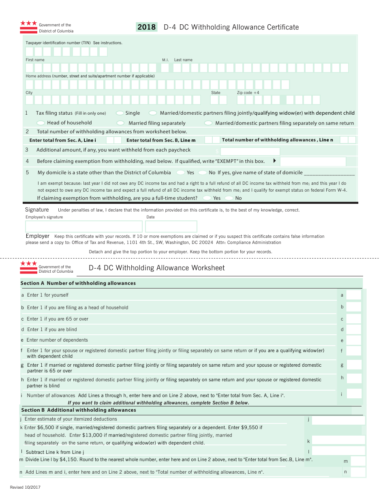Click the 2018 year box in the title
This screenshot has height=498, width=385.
pyautogui.click(x=147, y=27)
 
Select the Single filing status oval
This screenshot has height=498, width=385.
pyautogui.click(x=120, y=113)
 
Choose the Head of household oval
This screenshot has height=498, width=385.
pyautogui.click(x=41, y=123)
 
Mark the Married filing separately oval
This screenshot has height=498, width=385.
pyautogui.click(x=120, y=123)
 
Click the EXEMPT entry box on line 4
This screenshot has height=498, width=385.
pyautogui.click(x=313, y=161)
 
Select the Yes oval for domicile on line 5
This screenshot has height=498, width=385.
pyautogui.click(x=180, y=173)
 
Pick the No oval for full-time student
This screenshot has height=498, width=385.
pyautogui.click(x=229, y=198)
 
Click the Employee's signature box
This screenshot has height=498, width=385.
pyautogui.click(x=84, y=227)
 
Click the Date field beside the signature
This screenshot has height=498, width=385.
pyautogui.click(x=171, y=227)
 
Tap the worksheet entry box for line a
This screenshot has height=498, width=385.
pyautogui.click(x=353, y=295)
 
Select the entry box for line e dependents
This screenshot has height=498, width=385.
pyautogui.click(x=353, y=340)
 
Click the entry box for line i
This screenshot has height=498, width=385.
pyautogui.click(x=354, y=393)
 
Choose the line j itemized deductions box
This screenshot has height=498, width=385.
pyautogui.click(x=338, y=420)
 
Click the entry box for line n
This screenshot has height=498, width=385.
pyautogui.click(x=358, y=472)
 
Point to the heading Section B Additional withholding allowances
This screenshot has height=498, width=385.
pyautogui.click(x=79, y=410)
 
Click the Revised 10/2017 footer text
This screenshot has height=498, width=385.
pyautogui.click(x=25, y=487)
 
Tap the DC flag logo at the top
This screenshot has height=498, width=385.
pyautogui.click(x=28, y=27)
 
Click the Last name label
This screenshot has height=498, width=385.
pyautogui.click(x=183, y=60)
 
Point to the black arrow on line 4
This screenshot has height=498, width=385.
pyautogui.click(x=275, y=161)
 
